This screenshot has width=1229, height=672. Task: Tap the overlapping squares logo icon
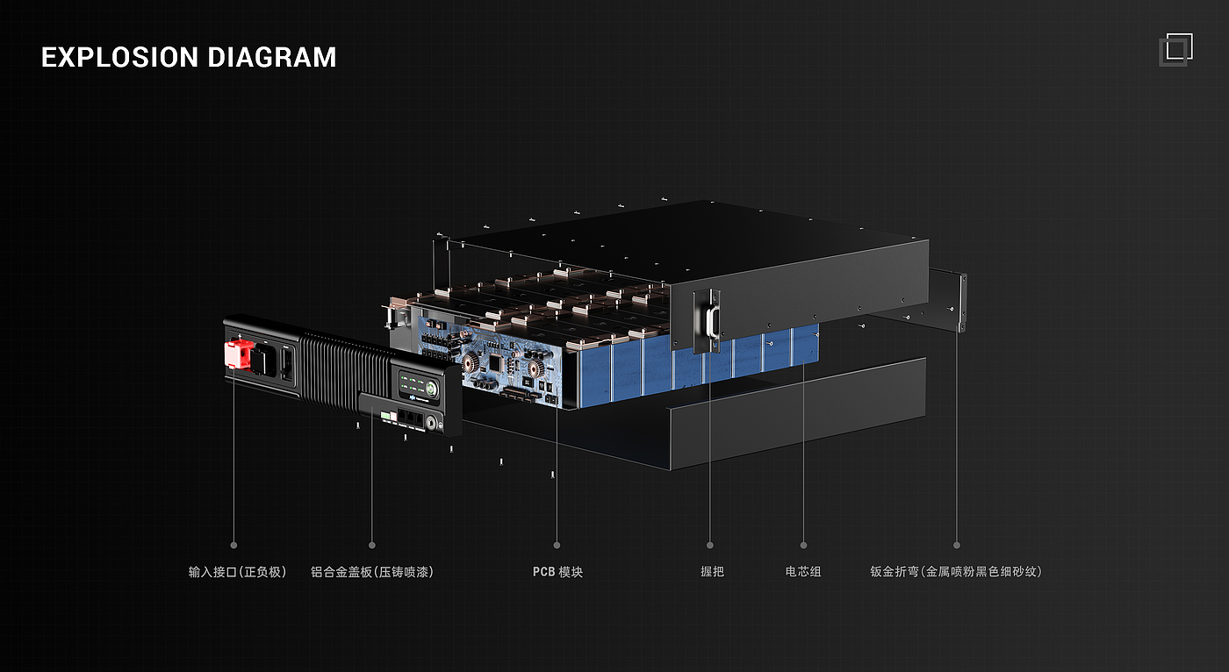click(1175, 49)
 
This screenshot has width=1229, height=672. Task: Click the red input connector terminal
click(237, 354)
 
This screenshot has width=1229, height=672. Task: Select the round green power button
click(432, 387)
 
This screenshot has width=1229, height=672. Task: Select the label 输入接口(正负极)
click(237, 572)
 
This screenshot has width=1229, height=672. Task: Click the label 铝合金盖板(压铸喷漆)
click(372, 572)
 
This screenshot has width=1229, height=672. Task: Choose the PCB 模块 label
click(557, 572)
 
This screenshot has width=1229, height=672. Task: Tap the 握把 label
click(712, 572)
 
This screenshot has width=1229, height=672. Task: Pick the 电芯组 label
click(803, 572)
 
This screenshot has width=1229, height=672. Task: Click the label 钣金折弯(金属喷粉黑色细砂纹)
click(956, 572)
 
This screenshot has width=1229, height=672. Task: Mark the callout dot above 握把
click(710, 546)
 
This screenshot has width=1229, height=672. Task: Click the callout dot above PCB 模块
click(557, 546)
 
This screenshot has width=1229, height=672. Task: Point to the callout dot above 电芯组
click(803, 546)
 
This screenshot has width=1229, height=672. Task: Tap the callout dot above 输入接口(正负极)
click(234, 546)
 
